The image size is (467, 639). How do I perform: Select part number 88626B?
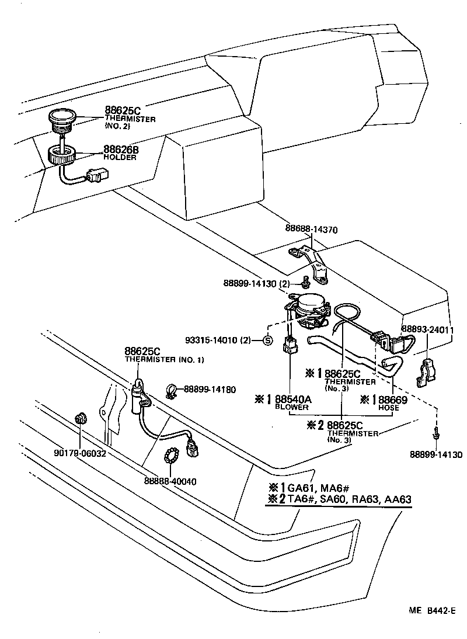(x=121, y=150)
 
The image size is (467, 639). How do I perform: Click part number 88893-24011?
(x=427, y=329)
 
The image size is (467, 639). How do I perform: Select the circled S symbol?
(x=266, y=341)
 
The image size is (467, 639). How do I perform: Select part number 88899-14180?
(x=203, y=388)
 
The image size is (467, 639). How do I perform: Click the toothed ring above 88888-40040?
(x=171, y=454)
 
